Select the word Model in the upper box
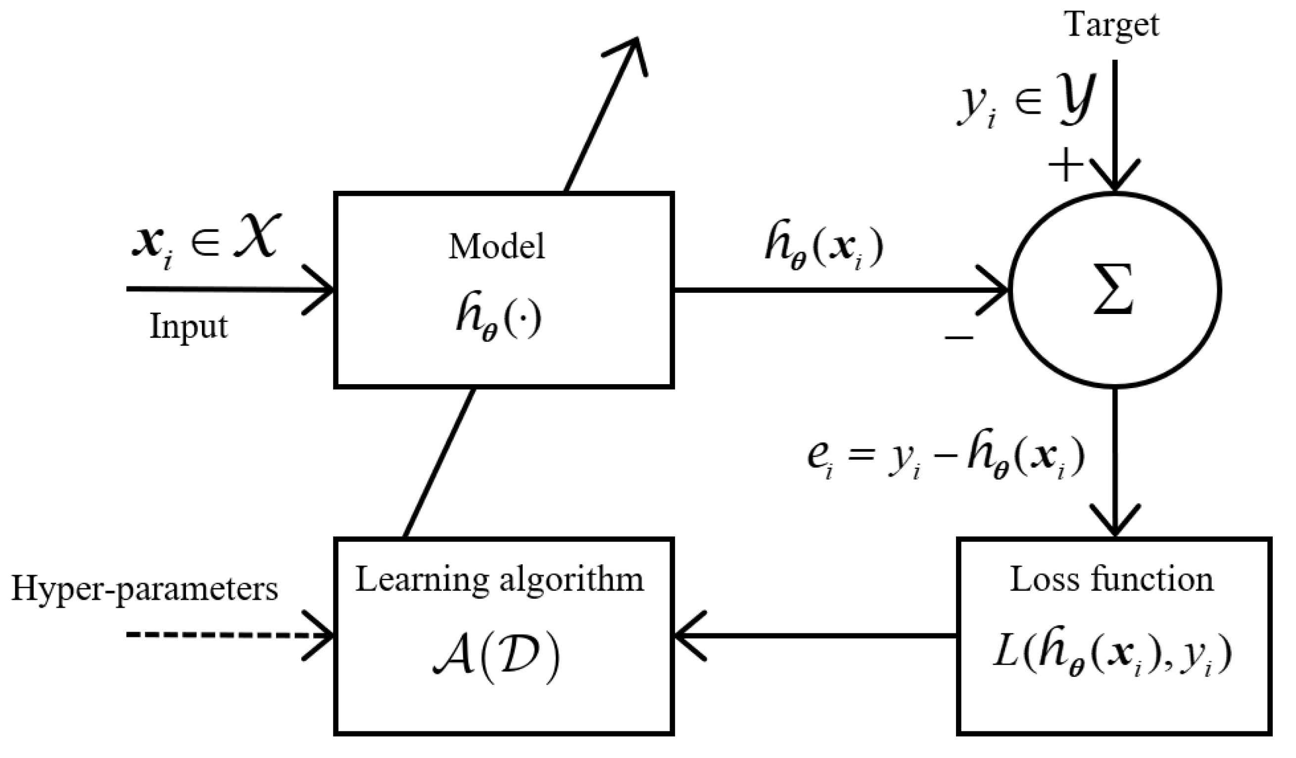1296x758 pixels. coord(496,247)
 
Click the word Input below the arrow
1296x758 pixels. coord(188,327)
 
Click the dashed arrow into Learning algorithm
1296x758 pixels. coord(226,636)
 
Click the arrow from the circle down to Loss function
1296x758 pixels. coord(1114,462)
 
